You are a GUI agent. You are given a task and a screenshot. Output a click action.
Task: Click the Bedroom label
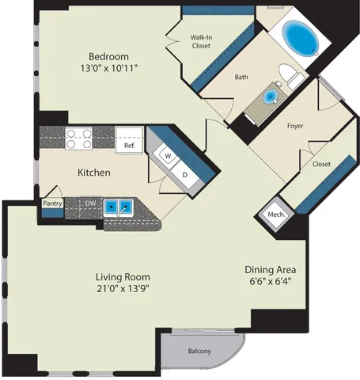coord(108,56)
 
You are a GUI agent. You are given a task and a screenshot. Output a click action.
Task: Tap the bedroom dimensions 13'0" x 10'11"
coord(109,68)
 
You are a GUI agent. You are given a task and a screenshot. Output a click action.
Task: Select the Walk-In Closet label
coord(201,41)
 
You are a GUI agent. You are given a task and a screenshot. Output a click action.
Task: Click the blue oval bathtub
coord(301,38)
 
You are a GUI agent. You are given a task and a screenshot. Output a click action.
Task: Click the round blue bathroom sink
coord(271,97)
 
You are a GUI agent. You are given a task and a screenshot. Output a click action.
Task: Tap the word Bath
coord(241,77)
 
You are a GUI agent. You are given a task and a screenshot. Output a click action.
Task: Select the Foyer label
coord(295,126)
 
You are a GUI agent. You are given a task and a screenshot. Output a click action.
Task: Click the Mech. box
coord(276,215)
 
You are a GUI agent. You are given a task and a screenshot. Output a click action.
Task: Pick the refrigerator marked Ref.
coord(130,140)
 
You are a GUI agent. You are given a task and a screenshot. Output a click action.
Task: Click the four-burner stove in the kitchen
coord(78,139)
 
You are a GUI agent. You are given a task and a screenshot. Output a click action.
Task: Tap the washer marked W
coord(168,156)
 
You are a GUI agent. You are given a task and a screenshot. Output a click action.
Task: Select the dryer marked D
coord(185,174)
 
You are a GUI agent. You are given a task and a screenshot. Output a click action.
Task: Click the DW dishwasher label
coord(90,203)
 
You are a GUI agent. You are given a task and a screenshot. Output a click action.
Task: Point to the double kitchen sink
coord(119,207)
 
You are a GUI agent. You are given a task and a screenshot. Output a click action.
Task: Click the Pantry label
coord(52,203)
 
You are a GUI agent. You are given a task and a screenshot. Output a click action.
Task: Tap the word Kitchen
coord(94,173)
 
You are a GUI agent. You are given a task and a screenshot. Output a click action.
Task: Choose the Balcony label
coord(199,351)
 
